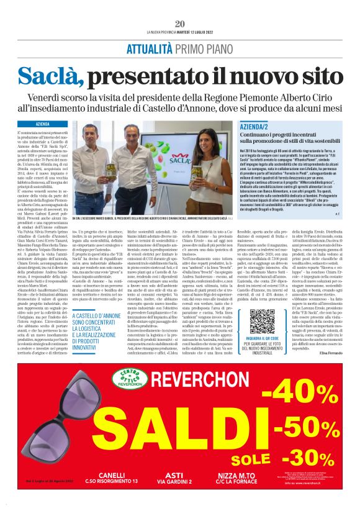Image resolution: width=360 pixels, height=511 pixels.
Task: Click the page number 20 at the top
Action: (x=180, y=24)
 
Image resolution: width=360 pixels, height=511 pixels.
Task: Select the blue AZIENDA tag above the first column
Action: (x=43, y=124)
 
